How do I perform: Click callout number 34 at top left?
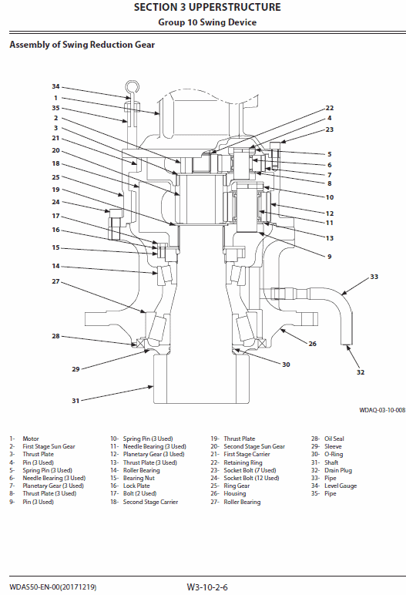55,86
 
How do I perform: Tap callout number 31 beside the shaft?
55,400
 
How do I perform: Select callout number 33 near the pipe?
374,276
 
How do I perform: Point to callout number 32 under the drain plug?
361,371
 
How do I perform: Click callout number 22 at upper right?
329,108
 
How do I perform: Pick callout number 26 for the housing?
313,344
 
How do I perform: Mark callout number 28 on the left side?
55,336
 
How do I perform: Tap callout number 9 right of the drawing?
329,256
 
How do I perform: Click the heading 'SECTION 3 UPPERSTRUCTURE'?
207,8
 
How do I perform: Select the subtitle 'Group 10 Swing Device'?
207,22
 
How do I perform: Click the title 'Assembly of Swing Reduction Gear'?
82,45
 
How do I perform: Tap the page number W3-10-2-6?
207,587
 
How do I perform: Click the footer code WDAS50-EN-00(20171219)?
53,587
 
